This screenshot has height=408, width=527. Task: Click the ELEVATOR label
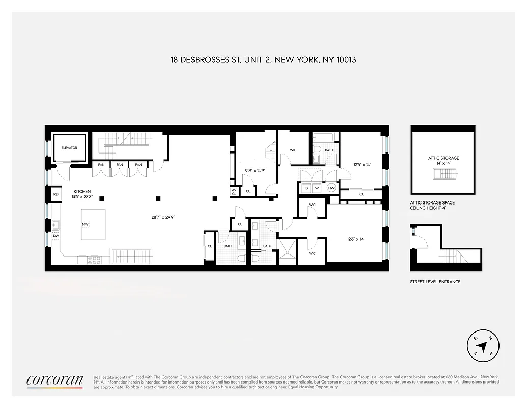[x=69, y=148]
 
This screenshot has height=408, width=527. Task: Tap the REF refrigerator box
[x=56, y=194]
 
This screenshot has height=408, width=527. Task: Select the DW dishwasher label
[x=56, y=236]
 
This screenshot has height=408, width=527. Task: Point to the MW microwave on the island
[x=85, y=224]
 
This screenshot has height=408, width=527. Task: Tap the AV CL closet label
[x=234, y=192]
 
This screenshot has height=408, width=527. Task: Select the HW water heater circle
[x=331, y=188]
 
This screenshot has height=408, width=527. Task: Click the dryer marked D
[x=307, y=188]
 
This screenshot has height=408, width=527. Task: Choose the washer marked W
[x=317, y=188]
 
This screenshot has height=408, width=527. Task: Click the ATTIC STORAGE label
[x=443, y=158]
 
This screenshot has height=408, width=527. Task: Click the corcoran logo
[x=54, y=380]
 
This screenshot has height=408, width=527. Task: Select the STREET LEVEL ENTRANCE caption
[x=435, y=282]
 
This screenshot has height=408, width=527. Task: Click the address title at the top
[x=263, y=60]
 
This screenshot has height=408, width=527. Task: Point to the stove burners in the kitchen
[x=95, y=259]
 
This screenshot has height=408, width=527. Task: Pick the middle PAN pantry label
[x=120, y=165]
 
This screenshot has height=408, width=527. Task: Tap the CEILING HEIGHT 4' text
[x=433, y=208]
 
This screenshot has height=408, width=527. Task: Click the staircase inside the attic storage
[x=443, y=174]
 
